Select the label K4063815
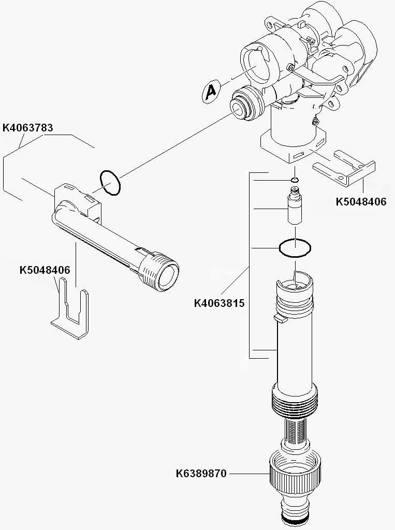pos(219,303)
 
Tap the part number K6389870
pos(201,473)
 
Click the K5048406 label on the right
pos(361,202)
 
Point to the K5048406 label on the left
pos(45,270)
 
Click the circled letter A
pos(210,92)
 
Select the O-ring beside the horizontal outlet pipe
pos(109,182)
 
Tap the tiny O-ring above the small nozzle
pos(295,180)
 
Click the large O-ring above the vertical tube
pos(295,248)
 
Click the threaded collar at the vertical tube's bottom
pos(294,399)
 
